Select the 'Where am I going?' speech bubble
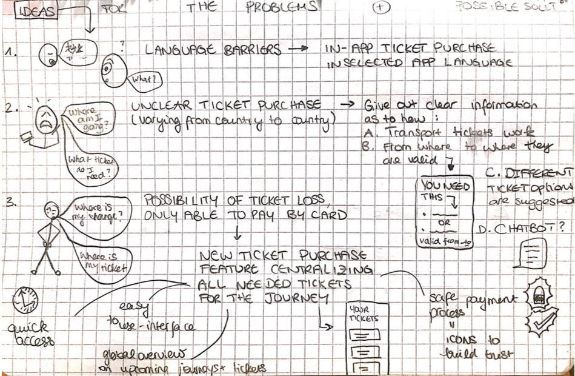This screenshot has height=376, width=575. tap(84, 117)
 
